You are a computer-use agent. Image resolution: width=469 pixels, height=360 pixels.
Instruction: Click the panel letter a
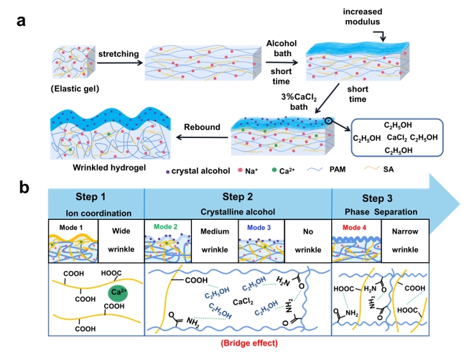pyautogui.click(x=22, y=19)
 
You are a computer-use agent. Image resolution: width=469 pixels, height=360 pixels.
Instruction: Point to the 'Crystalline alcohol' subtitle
pyautogui.click(x=238, y=212)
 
